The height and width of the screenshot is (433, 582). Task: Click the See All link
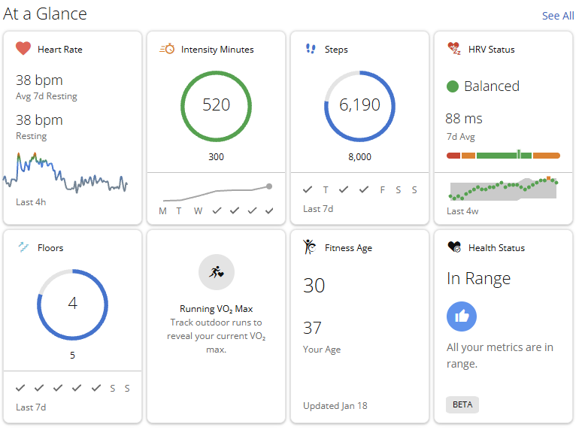click(x=557, y=16)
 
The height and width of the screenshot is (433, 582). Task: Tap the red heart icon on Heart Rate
click(x=23, y=49)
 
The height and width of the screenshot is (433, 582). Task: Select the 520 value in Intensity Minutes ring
click(x=217, y=105)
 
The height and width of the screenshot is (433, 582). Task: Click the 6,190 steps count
click(x=360, y=105)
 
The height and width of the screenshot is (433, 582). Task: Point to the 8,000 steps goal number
click(x=360, y=157)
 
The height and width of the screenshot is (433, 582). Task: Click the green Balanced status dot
click(x=453, y=86)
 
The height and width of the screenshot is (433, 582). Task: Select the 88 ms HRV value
click(x=464, y=119)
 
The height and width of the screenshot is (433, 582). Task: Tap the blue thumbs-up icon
click(x=462, y=316)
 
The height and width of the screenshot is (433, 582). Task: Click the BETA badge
click(x=462, y=404)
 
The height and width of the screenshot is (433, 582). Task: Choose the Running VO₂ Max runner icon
click(x=217, y=272)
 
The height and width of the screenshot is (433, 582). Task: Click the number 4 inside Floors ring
click(x=73, y=304)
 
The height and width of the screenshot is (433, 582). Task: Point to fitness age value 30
click(x=314, y=286)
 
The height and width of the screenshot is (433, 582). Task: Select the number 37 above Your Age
click(x=313, y=328)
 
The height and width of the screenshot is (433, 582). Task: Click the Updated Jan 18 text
click(x=335, y=406)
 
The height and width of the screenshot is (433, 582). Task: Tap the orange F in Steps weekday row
click(x=382, y=189)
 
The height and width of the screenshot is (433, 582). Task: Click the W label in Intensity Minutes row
click(x=198, y=210)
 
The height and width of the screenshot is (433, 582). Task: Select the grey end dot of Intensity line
click(x=269, y=186)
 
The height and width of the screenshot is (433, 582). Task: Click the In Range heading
click(x=478, y=279)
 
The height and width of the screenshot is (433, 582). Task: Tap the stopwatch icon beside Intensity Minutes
click(x=167, y=49)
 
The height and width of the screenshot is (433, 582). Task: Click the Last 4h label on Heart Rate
click(x=30, y=202)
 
